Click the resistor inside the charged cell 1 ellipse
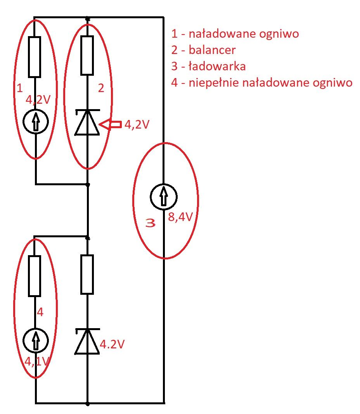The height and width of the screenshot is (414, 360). [x=34, y=57]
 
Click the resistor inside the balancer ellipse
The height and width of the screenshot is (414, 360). [x=87, y=56]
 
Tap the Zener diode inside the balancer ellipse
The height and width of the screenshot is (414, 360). [x=87, y=122]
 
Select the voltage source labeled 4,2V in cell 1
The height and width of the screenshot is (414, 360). [x=36, y=122]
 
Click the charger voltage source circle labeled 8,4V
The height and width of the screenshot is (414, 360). [x=164, y=197]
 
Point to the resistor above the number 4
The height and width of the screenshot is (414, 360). [x=34, y=276]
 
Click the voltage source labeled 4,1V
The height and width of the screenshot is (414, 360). [x=36, y=341]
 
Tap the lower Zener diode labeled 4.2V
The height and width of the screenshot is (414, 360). [x=87, y=341]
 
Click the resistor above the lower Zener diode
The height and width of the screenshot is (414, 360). [x=87, y=274]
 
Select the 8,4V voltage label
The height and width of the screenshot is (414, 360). [x=180, y=217]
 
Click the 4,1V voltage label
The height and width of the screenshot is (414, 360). [x=37, y=362]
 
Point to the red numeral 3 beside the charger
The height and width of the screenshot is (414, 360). [x=151, y=223]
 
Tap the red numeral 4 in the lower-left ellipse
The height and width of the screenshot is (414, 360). [x=40, y=312]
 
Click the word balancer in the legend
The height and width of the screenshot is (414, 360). [x=212, y=50]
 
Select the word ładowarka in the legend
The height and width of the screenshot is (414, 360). [x=217, y=66]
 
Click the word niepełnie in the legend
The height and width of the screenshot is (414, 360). [x=214, y=83]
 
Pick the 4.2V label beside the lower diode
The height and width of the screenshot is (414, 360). [x=112, y=344]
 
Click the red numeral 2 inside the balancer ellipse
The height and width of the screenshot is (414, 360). [x=101, y=88]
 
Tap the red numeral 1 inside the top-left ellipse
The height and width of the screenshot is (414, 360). [x=20, y=88]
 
